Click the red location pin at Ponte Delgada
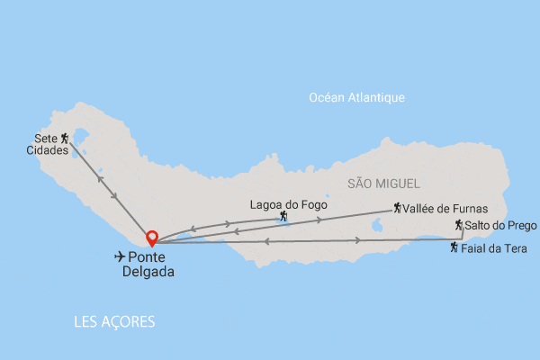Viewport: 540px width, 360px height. point(152,238)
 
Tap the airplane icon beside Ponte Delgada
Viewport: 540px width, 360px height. point(121,256)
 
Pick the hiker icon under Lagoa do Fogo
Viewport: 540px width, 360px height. point(283,217)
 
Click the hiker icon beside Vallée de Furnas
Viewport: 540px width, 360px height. point(397,209)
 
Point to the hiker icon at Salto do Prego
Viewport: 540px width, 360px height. point(458,225)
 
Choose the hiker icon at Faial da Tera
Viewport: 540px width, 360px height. point(454,247)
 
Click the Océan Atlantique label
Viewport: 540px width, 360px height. point(356,97)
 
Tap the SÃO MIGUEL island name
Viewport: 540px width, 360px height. point(382,183)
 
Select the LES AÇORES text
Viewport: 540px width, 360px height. point(115,321)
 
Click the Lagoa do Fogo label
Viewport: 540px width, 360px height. point(288,204)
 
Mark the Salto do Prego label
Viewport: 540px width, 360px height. point(500,225)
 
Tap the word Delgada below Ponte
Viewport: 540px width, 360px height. point(148,271)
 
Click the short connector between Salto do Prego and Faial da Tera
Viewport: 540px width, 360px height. point(463,234)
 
